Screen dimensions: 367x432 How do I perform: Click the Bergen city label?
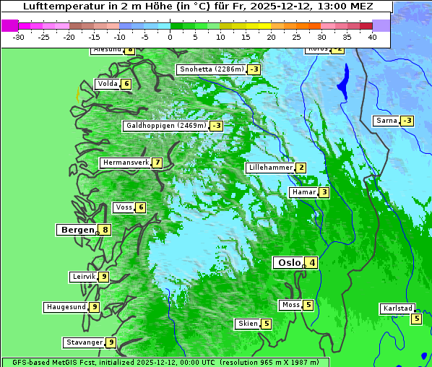(x=77, y=230)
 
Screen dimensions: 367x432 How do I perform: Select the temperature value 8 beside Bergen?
(x=105, y=230)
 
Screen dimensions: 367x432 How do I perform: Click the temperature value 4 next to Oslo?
(x=311, y=263)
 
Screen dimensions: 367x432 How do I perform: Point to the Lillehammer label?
(x=270, y=168)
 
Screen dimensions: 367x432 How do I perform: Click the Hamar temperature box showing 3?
(x=324, y=192)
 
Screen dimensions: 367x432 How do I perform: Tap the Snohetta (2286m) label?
(x=212, y=69)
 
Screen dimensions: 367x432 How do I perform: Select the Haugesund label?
(x=66, y=307)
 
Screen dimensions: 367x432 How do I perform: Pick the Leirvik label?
(x=84, y=277)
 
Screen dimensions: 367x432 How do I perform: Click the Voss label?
(x=124, y=207)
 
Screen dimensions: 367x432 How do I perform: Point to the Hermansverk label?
(x=125, y=163)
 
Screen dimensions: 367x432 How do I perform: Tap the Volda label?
(x=107, y=84)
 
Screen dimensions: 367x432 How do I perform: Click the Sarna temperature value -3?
(x=407, y=121)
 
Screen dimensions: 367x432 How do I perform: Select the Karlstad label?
(x=397, y=308)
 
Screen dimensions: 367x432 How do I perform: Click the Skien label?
(x=248, y=324)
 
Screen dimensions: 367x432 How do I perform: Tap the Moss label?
(x=290, y=305)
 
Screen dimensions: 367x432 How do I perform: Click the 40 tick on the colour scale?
(x=372, y=36)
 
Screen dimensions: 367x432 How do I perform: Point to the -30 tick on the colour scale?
(x=19, y=36)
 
